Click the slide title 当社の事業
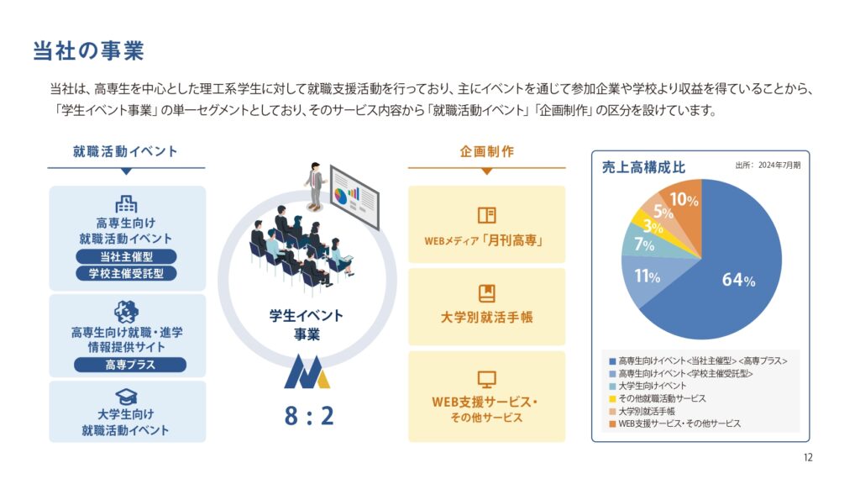[88, 50]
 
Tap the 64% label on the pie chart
[738, 280]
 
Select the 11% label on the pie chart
[648, 276]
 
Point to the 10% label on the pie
[684, 199]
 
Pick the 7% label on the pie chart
[644, 244]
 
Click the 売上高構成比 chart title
[643, 167]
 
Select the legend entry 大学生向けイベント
[648, 386]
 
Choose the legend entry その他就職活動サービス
[657, 398]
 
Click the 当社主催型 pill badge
[126, 256]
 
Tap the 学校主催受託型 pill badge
[126, 273]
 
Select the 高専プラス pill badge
[130, 365]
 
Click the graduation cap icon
[126, 397]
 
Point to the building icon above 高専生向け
[126, 204]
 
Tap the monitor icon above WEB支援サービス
[486, 379]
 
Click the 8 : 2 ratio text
[309, 416]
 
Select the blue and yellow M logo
[307, 371]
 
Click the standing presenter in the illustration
[315, 187]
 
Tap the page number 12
[808, 458]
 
